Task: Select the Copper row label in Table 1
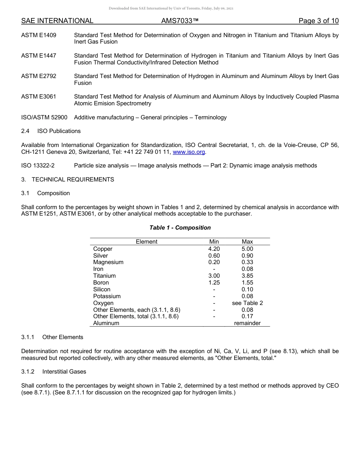103,249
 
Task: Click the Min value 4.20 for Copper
214,249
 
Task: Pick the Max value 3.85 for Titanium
247,276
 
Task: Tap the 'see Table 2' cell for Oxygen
247,303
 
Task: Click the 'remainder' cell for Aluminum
247,323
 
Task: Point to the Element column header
146,242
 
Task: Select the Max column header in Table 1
247,242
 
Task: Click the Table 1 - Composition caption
180,228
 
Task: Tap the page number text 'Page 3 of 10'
318,21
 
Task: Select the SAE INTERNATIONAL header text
57,21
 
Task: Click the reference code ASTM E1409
39,35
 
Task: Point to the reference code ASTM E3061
39,97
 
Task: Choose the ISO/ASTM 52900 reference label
44,117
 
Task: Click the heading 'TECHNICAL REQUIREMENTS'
73,180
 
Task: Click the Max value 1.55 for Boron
247,283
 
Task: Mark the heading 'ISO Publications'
59,131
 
